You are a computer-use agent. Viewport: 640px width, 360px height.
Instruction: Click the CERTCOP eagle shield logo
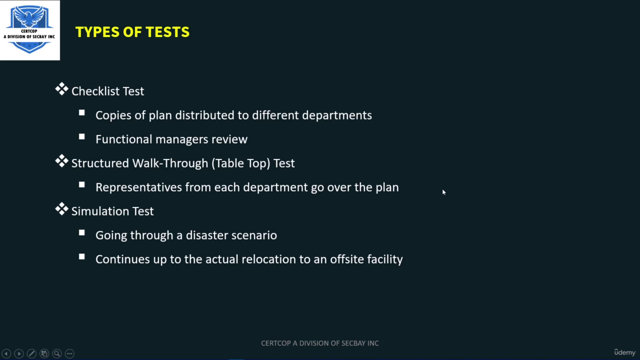click(x=29, y=29)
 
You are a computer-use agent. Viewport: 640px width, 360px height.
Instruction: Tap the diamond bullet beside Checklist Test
click(x=61, y=89)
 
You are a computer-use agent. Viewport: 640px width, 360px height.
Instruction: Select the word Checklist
click(x=95, y=91)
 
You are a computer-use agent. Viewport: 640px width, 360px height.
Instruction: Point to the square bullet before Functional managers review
click(x=82, y=137)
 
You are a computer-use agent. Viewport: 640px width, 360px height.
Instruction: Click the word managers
click(x=181, y=139)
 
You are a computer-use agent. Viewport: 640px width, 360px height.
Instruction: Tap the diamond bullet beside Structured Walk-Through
click(x=61, y=161)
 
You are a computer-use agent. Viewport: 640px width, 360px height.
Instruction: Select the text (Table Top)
click(x=241, y=163)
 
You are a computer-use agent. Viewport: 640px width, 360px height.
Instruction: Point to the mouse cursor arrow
click(x=443, y=192)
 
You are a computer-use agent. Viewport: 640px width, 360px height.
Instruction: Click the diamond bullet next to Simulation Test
click(x=61, y=209)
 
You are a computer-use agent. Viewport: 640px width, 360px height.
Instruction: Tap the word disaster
click(x=207, y=235)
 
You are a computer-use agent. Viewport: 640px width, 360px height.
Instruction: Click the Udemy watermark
click(x=624, y=352)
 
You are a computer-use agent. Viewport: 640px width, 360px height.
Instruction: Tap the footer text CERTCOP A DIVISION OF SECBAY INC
click(x=320, y=343)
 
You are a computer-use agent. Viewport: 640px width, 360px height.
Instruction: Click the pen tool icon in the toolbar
click(x=31, y=353)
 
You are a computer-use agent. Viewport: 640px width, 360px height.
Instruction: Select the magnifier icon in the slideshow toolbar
click(x=57, y=353)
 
